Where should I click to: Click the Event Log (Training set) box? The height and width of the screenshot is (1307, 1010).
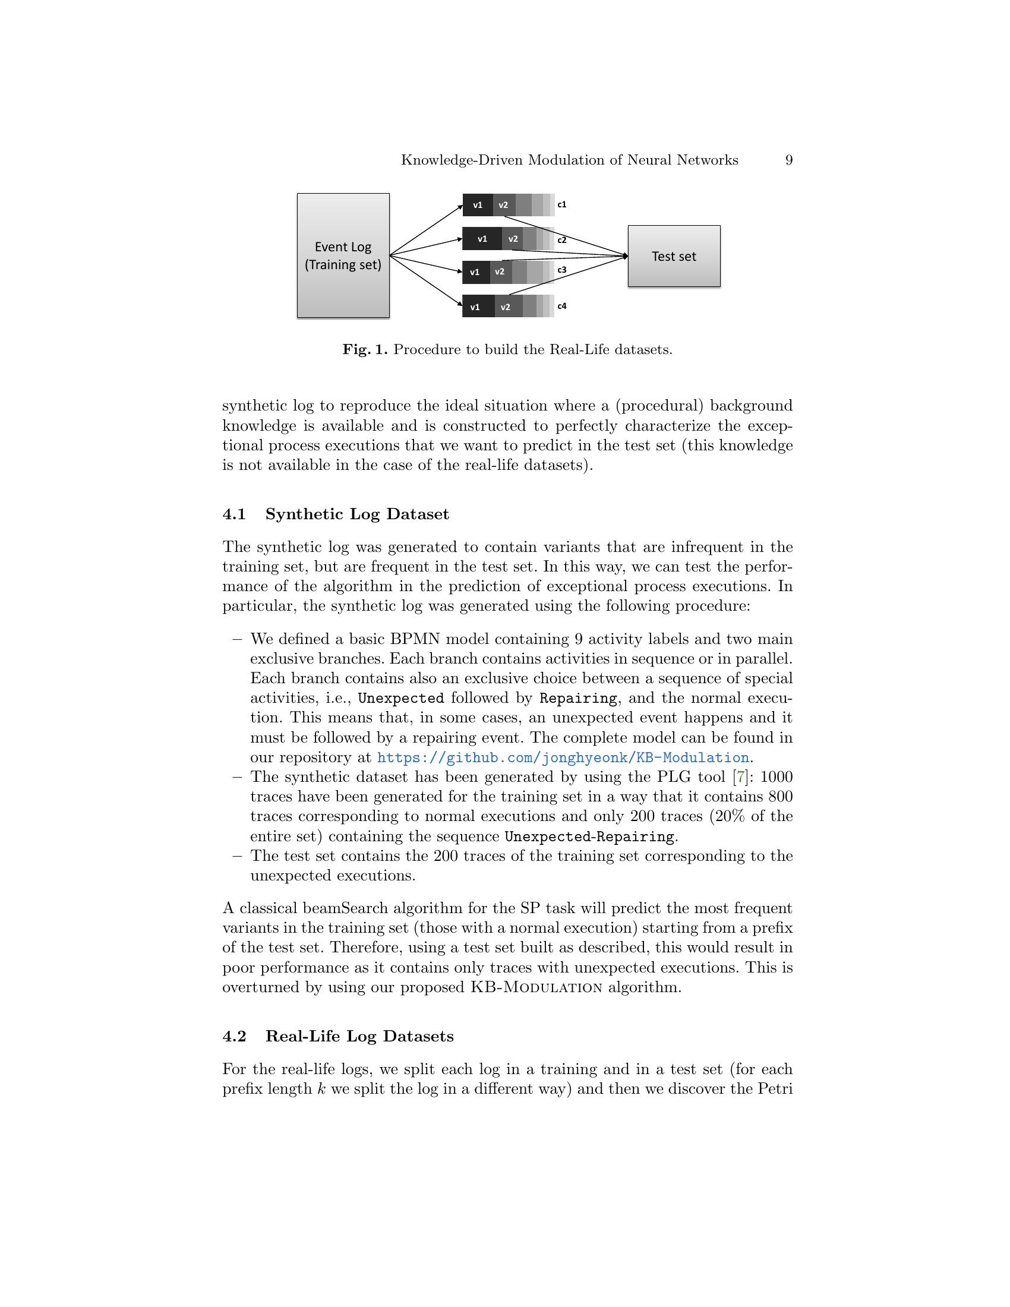coord(343,255)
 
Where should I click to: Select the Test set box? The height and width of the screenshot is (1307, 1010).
coord(674,256)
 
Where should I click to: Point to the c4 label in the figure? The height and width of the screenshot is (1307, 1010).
coord(562,307)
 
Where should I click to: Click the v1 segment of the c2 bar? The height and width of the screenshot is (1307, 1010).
coord(482,239)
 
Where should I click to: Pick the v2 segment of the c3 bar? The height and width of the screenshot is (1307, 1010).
coord(500,272)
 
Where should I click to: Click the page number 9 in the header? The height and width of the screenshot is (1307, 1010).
coord(788,160)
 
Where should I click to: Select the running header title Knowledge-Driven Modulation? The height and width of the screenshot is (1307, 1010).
coord(569,160)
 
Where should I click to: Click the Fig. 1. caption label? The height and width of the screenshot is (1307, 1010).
coord(365,350)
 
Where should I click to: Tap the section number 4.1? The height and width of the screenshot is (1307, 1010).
coord(234,514)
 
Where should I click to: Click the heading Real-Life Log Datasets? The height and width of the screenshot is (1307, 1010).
coord(359,1037)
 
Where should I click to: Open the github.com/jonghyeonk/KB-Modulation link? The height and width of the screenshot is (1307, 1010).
coord(563,758)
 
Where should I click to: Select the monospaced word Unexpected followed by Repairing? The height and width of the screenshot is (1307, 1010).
coord(401,699)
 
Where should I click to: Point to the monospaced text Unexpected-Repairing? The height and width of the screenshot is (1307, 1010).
coord(589,836)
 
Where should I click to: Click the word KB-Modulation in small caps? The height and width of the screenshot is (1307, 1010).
coord(536,987)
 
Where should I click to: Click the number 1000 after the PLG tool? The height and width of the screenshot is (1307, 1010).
coord(776,778)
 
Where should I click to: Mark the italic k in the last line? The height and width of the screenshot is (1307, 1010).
coord(321,1088)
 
